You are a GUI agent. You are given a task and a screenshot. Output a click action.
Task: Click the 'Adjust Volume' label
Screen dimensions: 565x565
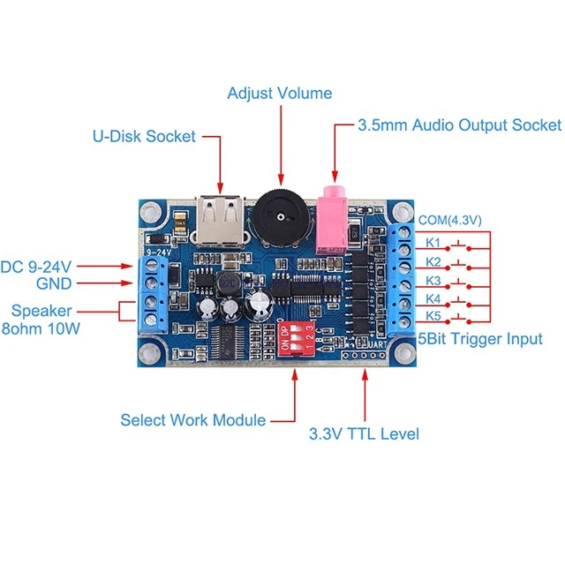280,93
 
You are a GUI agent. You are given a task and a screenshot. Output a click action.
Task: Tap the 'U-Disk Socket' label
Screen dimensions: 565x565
144,136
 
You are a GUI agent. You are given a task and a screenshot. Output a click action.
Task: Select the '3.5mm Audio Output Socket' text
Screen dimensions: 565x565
459,125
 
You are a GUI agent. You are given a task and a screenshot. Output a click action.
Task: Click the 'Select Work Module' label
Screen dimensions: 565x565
192,420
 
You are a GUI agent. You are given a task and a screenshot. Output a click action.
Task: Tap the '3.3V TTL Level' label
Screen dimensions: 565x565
363,433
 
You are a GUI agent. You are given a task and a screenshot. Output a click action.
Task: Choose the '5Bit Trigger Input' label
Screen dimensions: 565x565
479,339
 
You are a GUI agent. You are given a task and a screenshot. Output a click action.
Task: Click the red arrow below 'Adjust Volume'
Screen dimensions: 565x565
280,141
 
